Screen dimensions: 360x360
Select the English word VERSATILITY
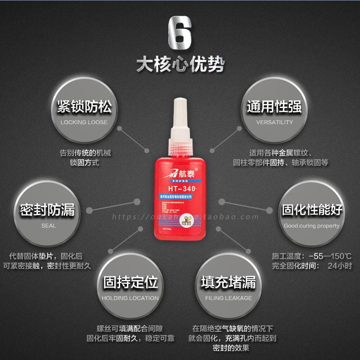point(274,122)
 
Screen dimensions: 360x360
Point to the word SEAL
point(48,225)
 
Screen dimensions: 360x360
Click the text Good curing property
point(311,225)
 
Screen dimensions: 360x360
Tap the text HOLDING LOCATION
point(130,298)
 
